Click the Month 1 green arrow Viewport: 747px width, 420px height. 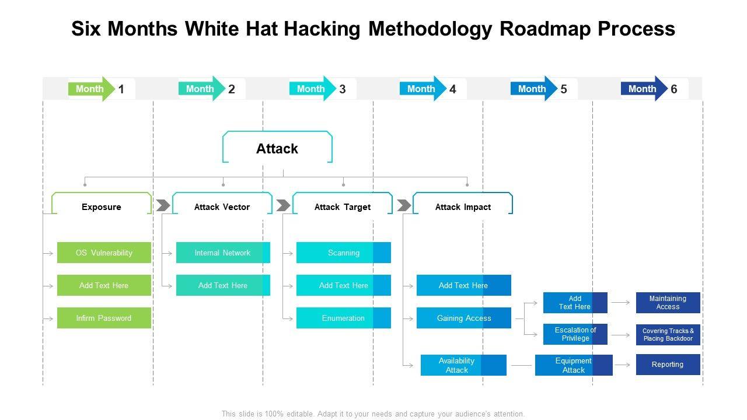coord(90,89)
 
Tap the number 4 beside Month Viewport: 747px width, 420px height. coord(453,89)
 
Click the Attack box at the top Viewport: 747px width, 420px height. coord(277,149)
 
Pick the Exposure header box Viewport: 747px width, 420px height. coord(102,207)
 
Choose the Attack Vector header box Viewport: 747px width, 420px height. coord(222,207)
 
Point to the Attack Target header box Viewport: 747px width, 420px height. coord(343,207)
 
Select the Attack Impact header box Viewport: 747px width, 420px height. coord(463,207)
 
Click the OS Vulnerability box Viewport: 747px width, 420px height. coord(104,253)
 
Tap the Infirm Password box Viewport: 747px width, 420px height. coord(104,318)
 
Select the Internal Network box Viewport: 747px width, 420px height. coord(223,253)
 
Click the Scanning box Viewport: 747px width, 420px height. coord(343,253)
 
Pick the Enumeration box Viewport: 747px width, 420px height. coord(343,318)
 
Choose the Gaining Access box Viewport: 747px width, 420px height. coord(464,318)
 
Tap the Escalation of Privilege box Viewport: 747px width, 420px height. coord(575,334)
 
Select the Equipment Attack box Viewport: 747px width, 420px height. coord(574,365)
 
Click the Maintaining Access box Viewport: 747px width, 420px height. coord(668,303)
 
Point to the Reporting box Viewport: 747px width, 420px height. coord(668,365)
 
